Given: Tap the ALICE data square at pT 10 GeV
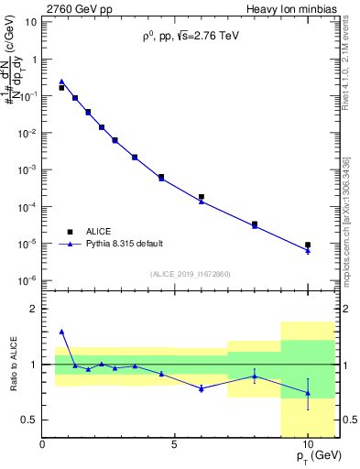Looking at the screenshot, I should (x=308, y=245).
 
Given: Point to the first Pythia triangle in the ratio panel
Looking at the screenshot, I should (x=61, y=332).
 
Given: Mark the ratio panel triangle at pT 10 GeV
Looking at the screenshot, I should (x=308, y=393).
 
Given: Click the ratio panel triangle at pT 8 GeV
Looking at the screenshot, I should (x=255, y=376).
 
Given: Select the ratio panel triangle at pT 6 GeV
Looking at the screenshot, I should (x=202, y=388).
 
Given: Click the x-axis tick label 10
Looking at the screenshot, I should (x=308, y=444).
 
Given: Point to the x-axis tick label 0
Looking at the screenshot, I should (x=43, y=444).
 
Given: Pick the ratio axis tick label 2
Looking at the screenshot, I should (x=32, y=310).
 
